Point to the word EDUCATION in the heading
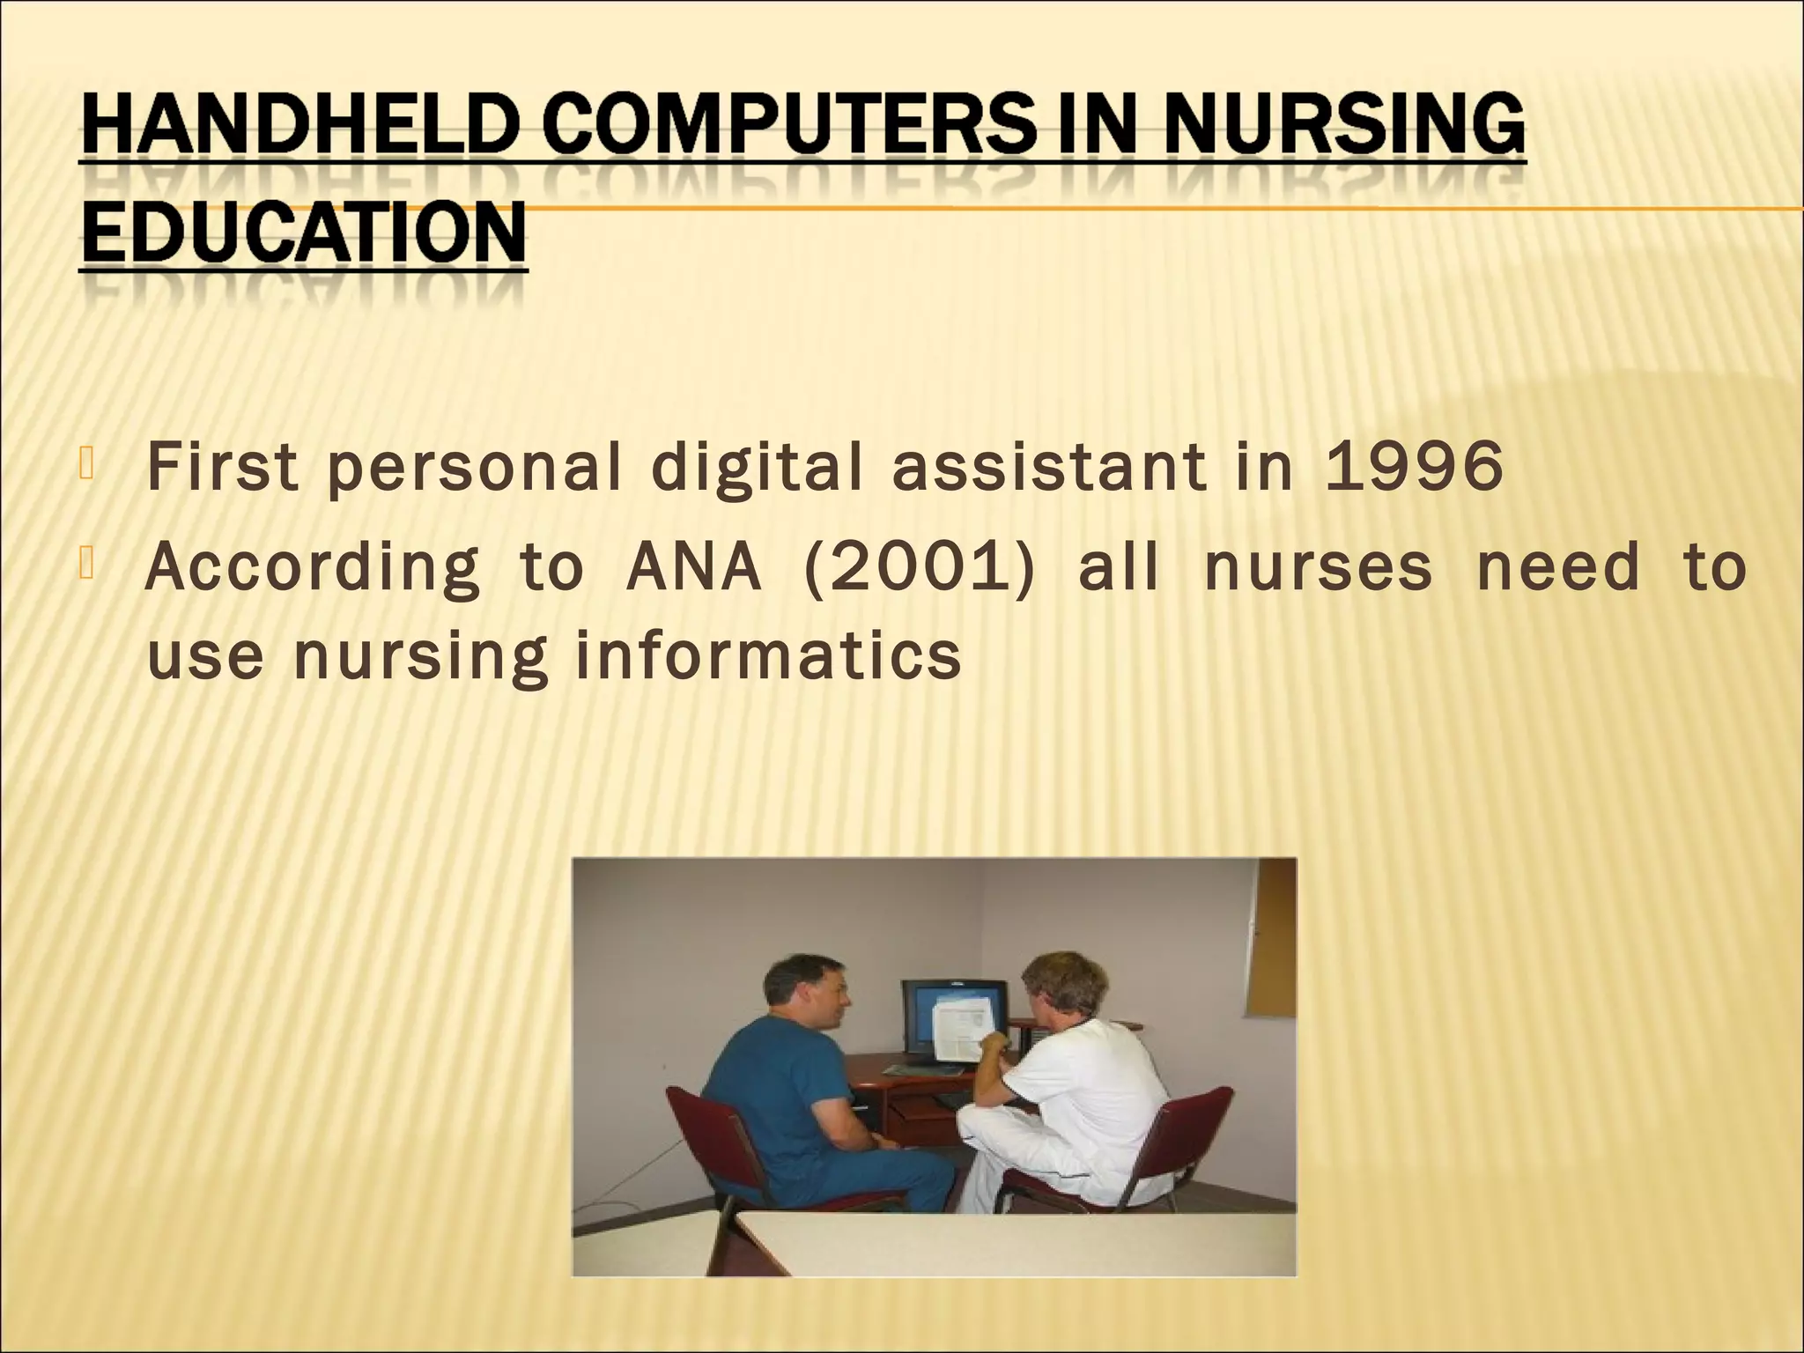[303, 233]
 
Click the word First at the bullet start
[224, 468]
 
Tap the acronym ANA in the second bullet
[692, 568]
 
